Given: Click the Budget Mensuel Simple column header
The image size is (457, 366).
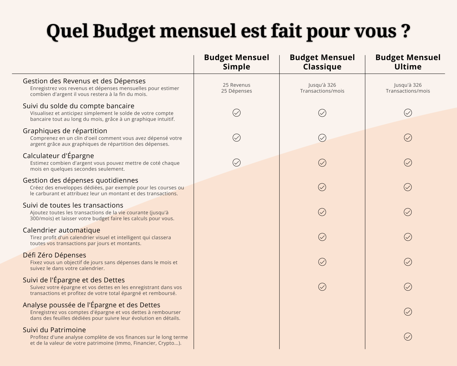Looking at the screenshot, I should (236, 62).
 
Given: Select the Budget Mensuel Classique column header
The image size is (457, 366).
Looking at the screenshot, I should (322, 62).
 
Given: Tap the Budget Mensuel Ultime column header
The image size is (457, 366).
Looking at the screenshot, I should (408, 62).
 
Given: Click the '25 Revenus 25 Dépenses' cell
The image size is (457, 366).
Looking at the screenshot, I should (236, 88).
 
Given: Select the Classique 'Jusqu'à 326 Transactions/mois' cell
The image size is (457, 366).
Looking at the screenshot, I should (322, 88).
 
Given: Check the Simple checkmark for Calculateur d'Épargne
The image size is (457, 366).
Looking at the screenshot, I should (236, 162).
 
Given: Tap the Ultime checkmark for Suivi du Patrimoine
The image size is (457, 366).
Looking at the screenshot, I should (408, 337).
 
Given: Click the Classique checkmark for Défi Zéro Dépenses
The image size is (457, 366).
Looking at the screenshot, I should (322, 262).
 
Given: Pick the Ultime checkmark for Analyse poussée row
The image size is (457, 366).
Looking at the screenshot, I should (408, 312).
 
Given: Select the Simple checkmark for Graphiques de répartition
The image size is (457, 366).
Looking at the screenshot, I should (236, 138).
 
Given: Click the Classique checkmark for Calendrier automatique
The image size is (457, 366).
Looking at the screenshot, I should (322, 237).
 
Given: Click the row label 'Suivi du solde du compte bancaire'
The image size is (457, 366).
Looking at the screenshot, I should (79, 106).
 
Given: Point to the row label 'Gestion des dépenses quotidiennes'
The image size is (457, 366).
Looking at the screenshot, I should (81, 180).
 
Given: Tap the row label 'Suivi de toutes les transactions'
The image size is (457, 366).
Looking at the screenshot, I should (73, 205).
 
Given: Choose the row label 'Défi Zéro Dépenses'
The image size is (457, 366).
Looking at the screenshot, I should (55, 255).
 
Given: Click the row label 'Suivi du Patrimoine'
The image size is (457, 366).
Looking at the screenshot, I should (54, 330).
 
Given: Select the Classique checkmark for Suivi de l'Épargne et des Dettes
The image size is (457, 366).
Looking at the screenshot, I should (322, 287).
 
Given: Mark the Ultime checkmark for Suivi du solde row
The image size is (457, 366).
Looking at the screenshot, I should (408, 113).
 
